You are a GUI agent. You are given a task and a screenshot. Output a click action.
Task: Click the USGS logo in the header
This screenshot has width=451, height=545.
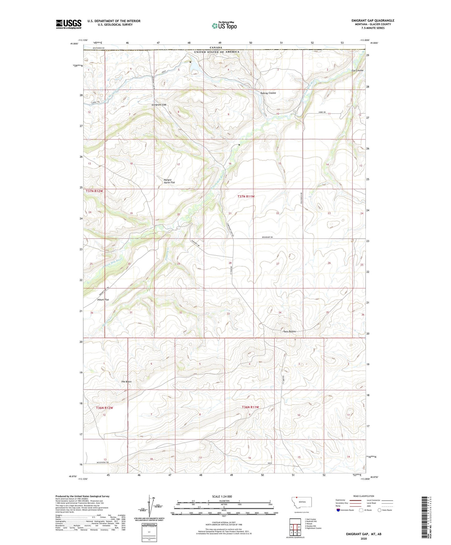pos(69,24)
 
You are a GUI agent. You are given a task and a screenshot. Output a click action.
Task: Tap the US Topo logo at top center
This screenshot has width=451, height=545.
pos(224,26)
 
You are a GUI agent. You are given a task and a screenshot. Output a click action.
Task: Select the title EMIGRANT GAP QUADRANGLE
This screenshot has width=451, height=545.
pos(373,21)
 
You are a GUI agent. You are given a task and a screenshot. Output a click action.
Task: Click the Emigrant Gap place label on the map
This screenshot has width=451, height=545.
pos(159,105)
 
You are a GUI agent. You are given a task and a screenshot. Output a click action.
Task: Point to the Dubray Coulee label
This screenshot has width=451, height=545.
pos(268,93)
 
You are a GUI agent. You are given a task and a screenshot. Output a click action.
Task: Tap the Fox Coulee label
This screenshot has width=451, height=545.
pos(357,71)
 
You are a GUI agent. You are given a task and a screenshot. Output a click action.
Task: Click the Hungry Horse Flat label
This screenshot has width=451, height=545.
pos(169,181)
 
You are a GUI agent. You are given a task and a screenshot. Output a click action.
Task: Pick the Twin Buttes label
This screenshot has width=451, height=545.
pos(289,331)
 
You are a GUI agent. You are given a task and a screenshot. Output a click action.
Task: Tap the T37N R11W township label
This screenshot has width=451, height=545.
pos(246,197)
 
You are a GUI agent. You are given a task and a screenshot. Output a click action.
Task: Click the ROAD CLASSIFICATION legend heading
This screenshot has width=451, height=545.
pos(364,496)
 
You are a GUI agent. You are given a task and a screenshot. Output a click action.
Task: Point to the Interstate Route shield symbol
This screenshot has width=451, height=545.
pos(338,510)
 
